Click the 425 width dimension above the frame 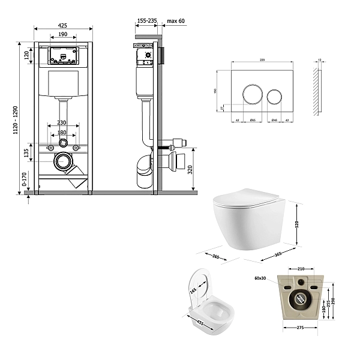[x=63, y=25]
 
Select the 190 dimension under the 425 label [x=62, y=35]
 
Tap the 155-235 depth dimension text [x=146, y=20]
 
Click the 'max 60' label [x=176, y=20]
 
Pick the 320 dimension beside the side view [x=190, y=170]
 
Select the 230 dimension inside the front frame [x=62, y=123]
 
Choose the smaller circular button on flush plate [x=274, y=96]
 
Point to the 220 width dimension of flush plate [x=262, y=61]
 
